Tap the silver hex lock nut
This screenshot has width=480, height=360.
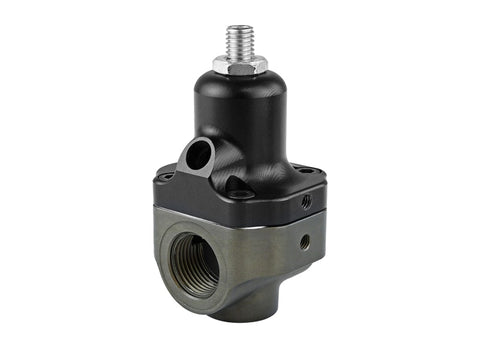(x=239, y=65)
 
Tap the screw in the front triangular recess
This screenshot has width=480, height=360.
(x=238, y=188)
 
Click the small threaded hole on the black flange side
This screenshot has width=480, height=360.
(x=306, y=202)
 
